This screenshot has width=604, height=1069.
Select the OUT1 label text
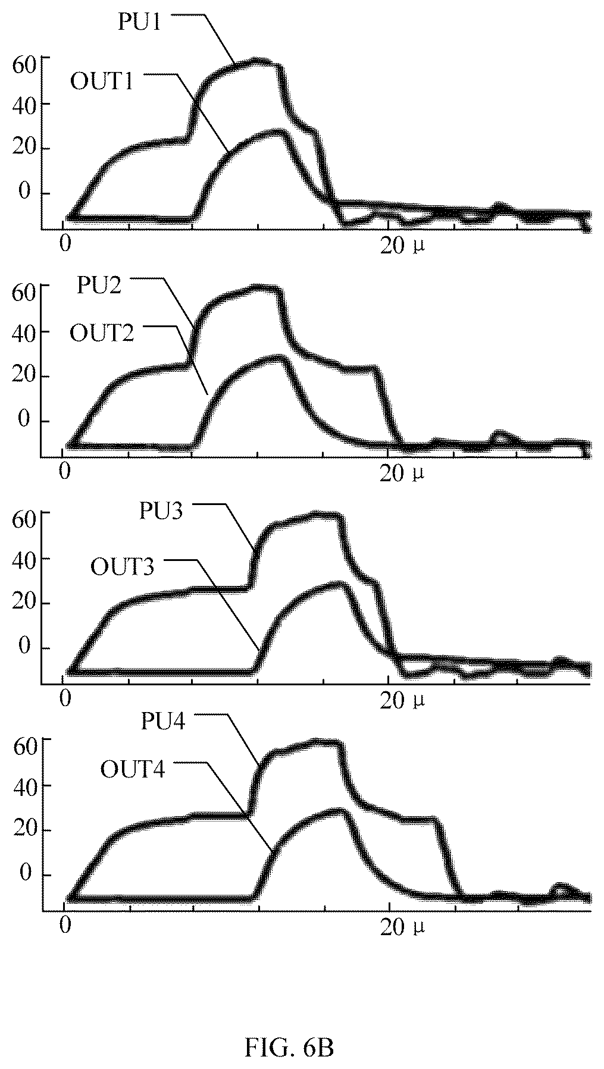[101, 81]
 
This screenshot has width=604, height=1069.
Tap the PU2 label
[99, 286]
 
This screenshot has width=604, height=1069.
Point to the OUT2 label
[102, 333]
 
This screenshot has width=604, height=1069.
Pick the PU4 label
[164, 721]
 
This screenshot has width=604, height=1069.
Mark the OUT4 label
[132, 769]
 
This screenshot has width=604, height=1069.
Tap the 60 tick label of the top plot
[24, 64]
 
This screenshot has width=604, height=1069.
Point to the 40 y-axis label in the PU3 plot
[24, 559]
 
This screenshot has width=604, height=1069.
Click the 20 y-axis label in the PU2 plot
[24, 377]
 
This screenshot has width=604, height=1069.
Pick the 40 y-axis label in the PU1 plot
[24, 104]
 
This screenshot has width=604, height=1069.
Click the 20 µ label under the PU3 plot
[403, 701]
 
